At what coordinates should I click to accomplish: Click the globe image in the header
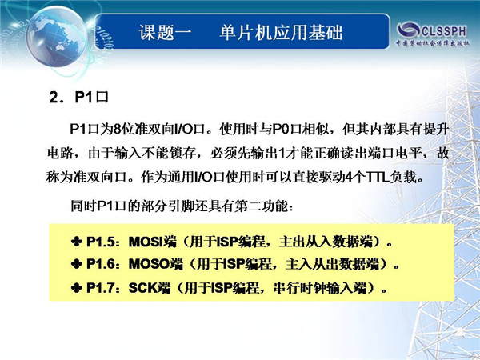(x=56, y=37)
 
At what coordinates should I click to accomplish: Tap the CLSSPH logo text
(x=444, y=30)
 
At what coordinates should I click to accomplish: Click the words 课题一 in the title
(x=166, y=32)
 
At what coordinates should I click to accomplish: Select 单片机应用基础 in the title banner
(x=281, y=32)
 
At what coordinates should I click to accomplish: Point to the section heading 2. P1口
(x=78, y=98)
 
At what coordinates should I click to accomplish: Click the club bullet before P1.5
(x=77, y=242)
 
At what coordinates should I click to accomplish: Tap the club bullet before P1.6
(x=77, y=263)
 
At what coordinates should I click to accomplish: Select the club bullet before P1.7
(x=77, y=287)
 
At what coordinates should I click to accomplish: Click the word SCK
(x=142, y=288)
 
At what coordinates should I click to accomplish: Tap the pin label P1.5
(x=100, y=242)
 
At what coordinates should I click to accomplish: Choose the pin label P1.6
(x=100, y=264)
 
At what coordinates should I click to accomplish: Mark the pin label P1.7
(x=100, y=288)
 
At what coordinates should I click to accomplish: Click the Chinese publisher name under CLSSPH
(x=433, y=43)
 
